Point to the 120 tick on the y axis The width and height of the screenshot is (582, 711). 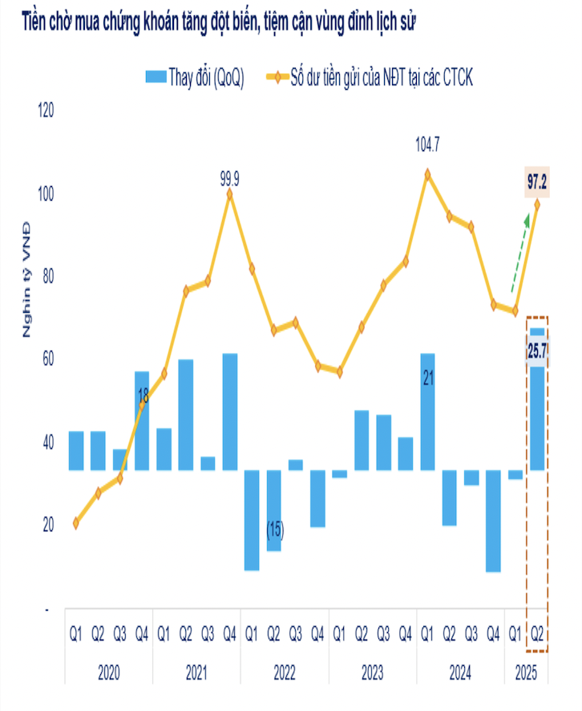click(46, 110)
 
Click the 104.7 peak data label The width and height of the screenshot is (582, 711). click(427, 144)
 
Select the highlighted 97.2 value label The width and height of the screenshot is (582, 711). click(537, 183)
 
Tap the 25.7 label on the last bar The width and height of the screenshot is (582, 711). click(537, 350)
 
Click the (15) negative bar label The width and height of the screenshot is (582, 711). click(274, 530)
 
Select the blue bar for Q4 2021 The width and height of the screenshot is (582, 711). click(230, 412)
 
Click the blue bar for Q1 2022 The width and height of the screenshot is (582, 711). click(252, 519)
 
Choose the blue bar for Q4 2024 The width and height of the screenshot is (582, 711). click(493, 520)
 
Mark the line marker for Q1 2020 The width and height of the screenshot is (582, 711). click(76, 522)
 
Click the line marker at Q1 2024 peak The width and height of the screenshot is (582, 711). click(427, 173)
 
